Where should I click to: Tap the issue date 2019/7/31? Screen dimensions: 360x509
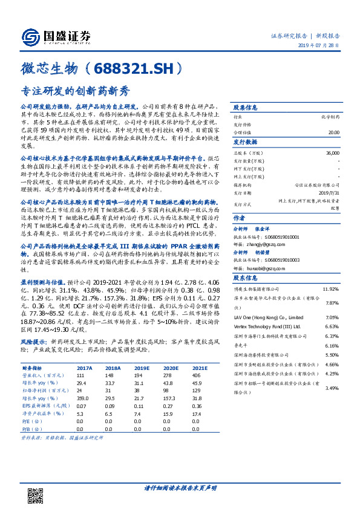[328, 193]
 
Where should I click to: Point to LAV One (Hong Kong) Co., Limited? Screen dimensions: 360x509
[264, 317]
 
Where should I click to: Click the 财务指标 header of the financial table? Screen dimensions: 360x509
[31, 368]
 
